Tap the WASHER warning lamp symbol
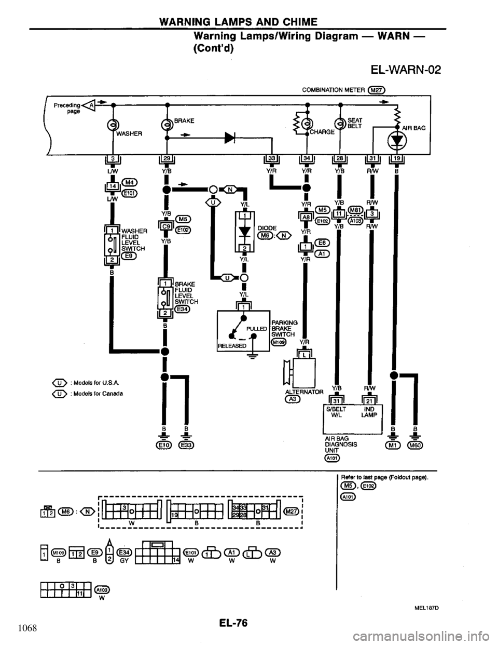pyautogui.click(x=111, y=125)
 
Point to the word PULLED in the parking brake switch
pyautogui.click(x=256, y=328)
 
